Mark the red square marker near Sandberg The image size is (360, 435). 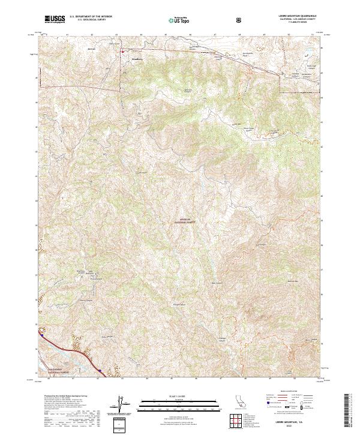pos(122,51)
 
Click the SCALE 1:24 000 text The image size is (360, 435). pos(170,395)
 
